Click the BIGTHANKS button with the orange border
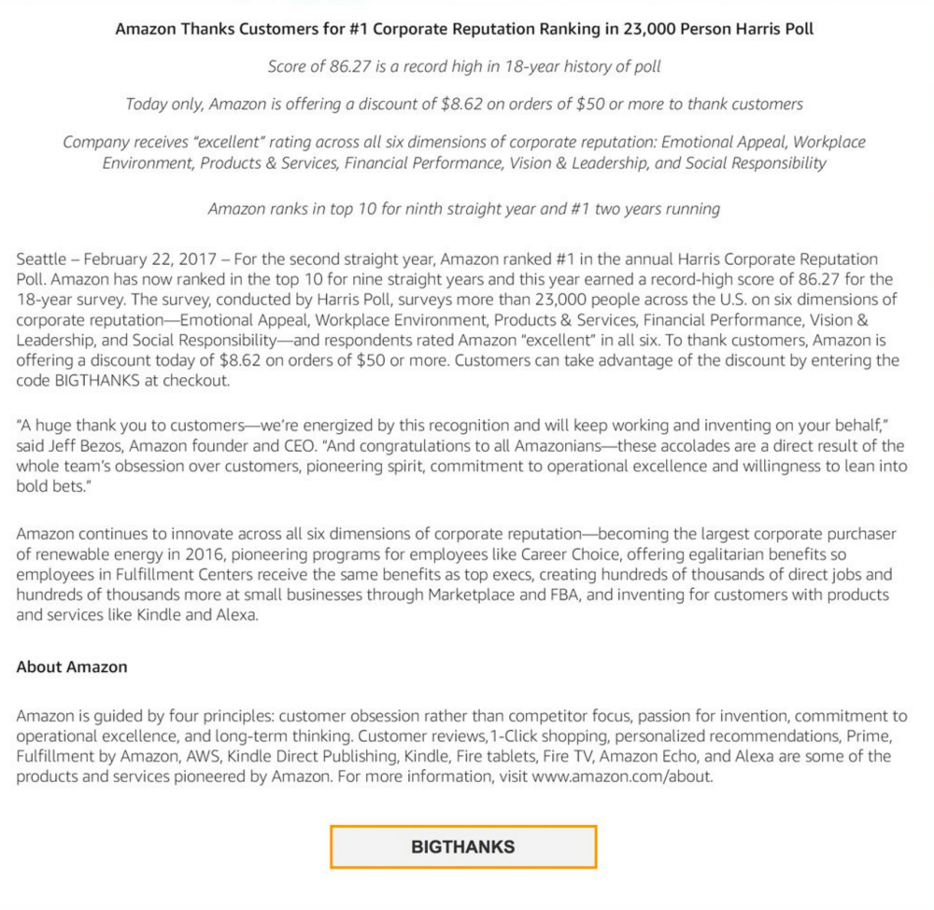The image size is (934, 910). pyautogui.click(x=462, y=847)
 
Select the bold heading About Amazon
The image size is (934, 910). pyautogui.click(x=72, y=667)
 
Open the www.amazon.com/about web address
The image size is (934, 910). pyautogui.click(x=622, y=777)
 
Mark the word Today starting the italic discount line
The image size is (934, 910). pyautogui.click(x=147, y=104)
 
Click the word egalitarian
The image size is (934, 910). pyautogui.click(x=716, y=554)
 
